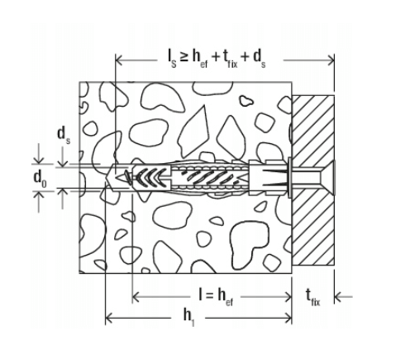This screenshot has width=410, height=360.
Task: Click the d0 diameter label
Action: [x=40, y=178]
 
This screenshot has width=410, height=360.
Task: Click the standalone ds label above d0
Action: [x=64, y=135]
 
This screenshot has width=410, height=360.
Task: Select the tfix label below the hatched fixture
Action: [x=313, y=298]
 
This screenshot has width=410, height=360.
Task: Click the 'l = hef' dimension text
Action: [x=216, y=296]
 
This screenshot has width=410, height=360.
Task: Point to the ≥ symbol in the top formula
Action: [x=184, y=57]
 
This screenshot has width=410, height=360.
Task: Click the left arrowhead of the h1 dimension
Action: [x=108, y=318]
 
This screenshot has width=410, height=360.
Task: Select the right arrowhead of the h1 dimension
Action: [x=288, y=318]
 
